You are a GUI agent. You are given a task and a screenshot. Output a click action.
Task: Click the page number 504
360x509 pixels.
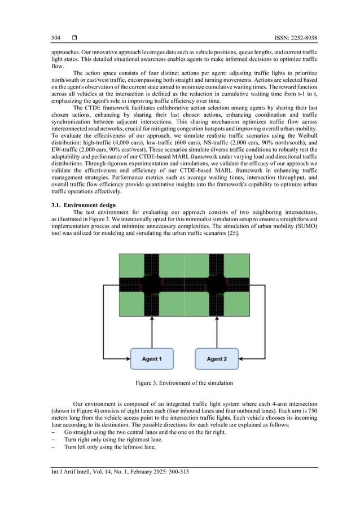click(x=55, y=38)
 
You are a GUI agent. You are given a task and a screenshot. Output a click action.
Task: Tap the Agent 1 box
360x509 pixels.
click(x=152, y=359)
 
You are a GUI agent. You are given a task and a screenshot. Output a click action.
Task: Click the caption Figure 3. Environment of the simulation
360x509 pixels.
click(x=183, y=383)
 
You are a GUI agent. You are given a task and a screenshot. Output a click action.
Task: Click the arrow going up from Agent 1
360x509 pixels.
click(x=152, y=333)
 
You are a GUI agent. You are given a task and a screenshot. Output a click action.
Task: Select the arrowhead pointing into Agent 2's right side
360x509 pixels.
click(x=242, y=359)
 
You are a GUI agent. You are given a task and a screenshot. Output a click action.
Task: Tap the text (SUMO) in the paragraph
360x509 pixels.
click(x=305, y=227)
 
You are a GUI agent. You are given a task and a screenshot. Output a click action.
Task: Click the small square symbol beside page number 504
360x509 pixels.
click(x=74, y=38)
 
